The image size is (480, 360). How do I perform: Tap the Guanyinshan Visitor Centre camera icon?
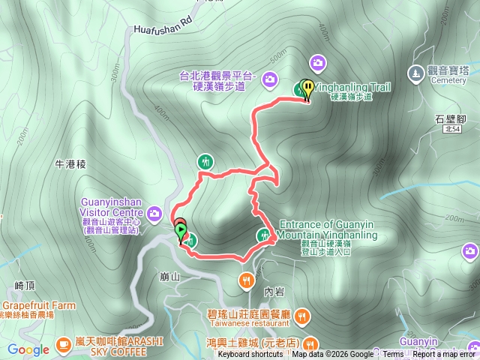coord(154,213)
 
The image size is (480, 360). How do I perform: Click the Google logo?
coord(28,349)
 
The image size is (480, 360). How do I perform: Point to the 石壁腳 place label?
coord(450,118)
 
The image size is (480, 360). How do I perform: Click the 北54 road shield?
coord(451,130)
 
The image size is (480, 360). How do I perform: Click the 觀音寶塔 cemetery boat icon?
coord(415,73)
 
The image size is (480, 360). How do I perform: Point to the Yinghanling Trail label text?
coord(352,88)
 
